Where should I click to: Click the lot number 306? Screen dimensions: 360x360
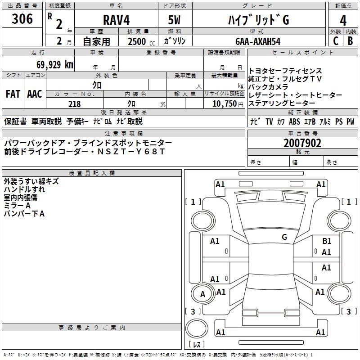22,19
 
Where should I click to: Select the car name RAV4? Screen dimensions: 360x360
116,19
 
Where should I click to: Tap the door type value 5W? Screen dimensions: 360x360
175,19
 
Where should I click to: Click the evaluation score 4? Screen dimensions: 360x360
343,20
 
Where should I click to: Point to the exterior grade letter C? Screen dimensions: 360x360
335,41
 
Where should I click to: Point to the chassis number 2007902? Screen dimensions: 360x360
302,143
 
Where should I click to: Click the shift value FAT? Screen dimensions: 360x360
13,94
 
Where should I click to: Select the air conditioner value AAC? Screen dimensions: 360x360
34,94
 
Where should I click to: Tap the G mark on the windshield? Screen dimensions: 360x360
284,237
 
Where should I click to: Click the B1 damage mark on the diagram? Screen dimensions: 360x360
327,241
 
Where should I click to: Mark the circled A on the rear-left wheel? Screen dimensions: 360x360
202,294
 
